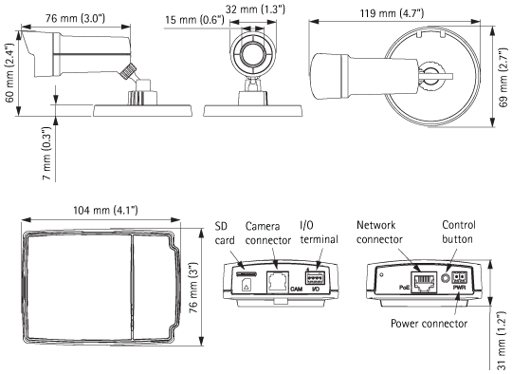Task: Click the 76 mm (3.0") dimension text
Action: tap(76, 18)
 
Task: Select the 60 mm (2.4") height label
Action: tap(10, 72)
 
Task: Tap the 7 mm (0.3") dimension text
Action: tap(46, 154)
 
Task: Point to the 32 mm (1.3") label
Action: tap(255, 9)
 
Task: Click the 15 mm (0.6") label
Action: tap(194, 20)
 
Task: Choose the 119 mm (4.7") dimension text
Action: tap(392, 13)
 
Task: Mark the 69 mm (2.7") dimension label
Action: tap(503, 78)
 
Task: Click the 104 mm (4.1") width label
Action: tap(105, 210)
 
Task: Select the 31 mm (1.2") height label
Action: tap(501, 342)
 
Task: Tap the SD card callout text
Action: tap(225, 234)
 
